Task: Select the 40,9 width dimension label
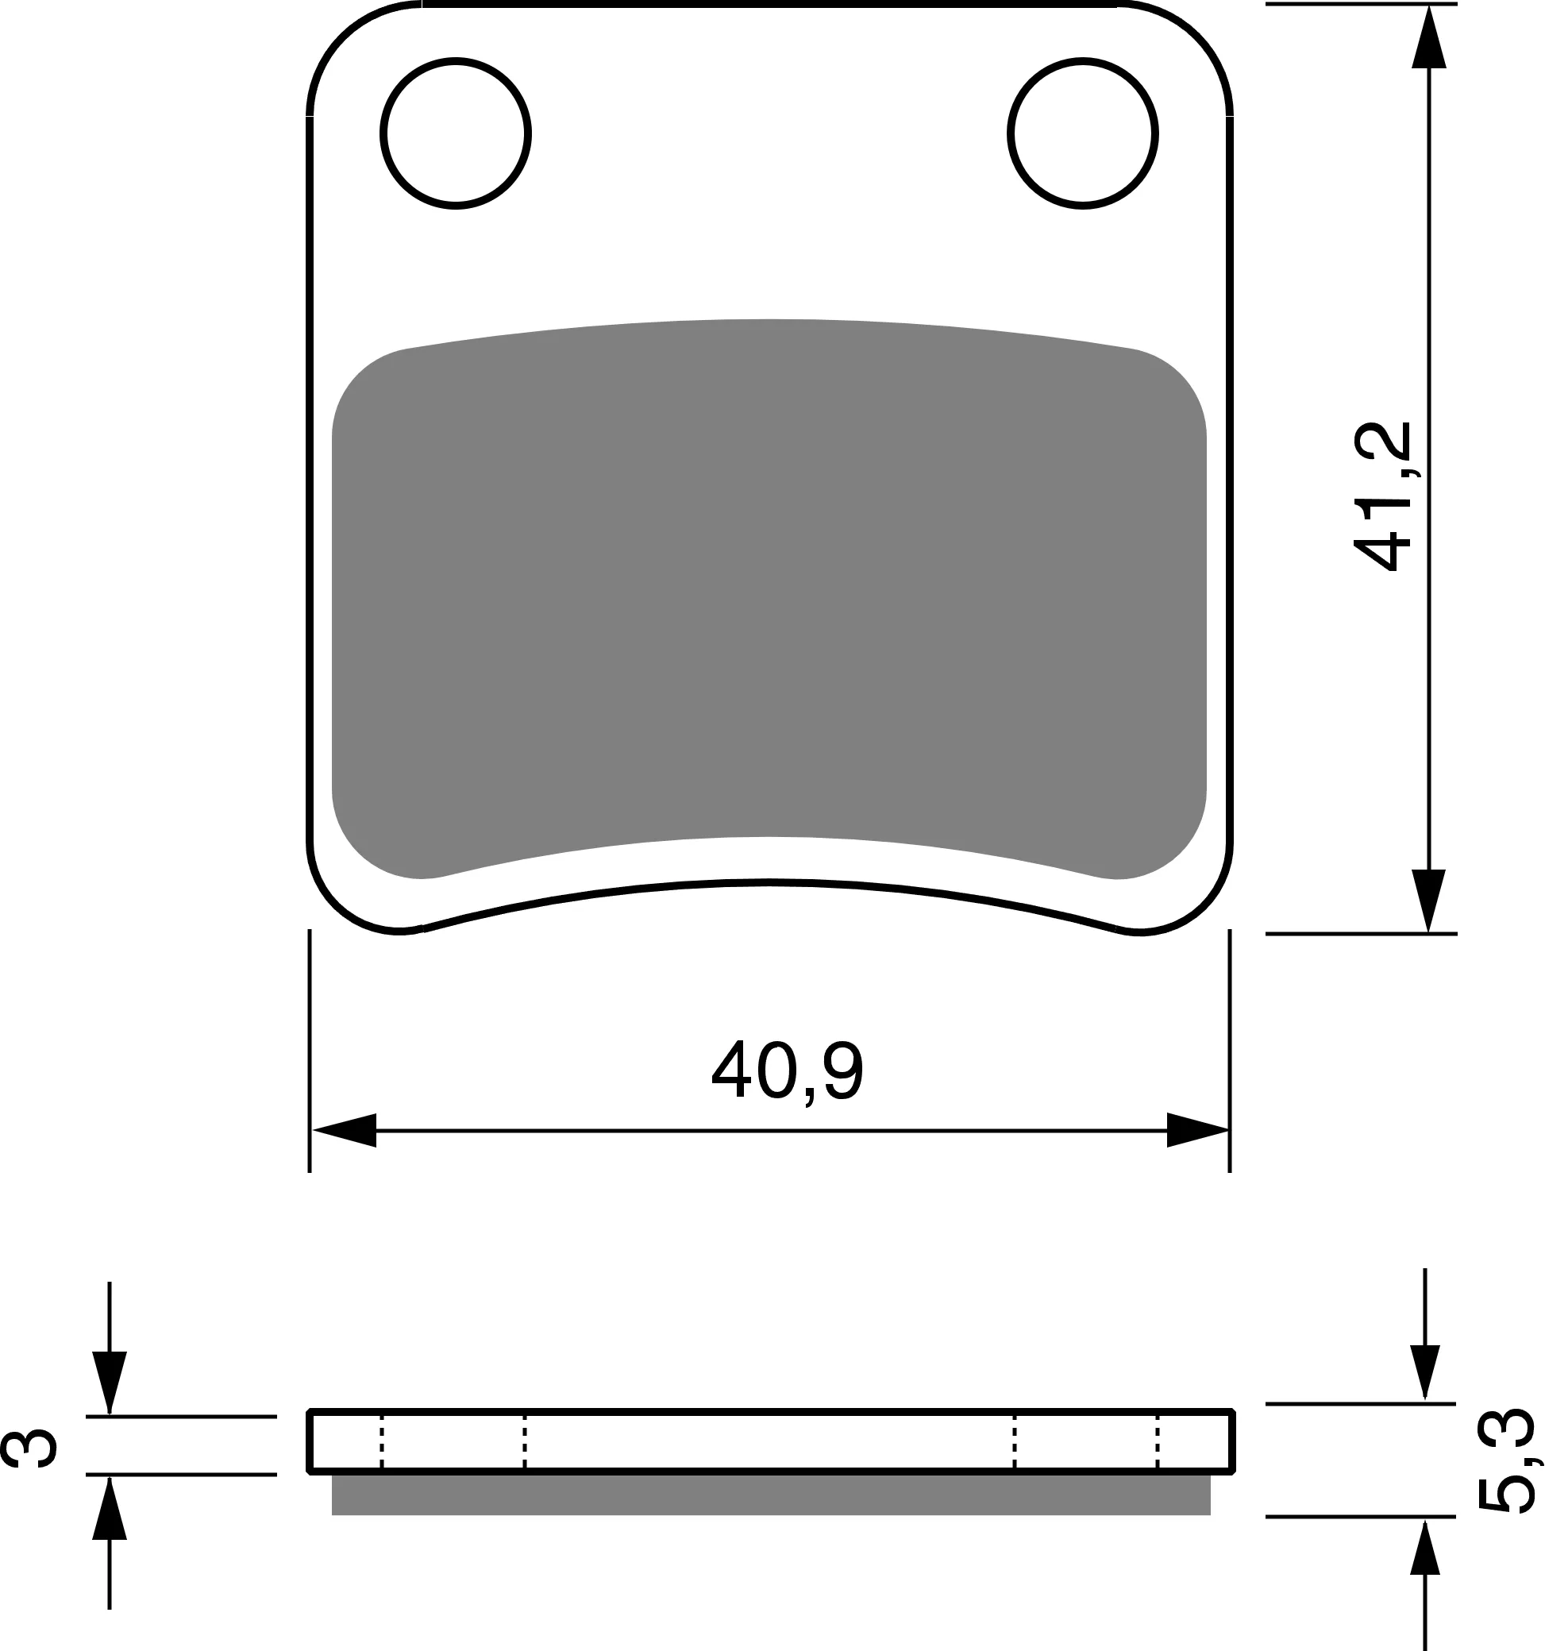click(788, 1071)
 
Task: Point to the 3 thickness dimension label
click(30, 1449)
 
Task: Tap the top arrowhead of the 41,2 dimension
click(1429, 37)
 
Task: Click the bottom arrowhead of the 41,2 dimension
click(1429, 901)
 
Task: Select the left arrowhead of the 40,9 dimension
click(344, 1130)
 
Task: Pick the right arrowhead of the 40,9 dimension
click(1197, 1130)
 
